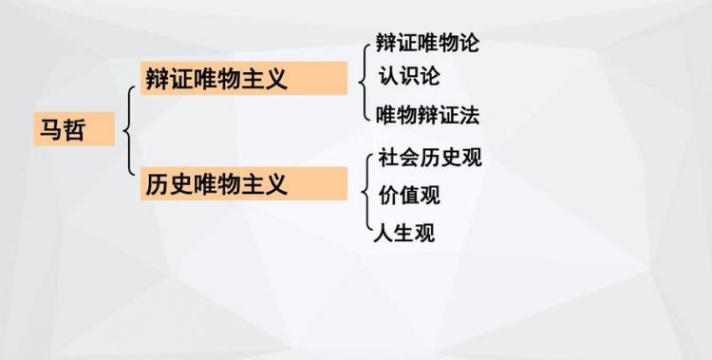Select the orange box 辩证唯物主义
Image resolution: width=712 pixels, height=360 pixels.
pos(245,78)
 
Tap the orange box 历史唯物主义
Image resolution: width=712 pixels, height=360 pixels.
pos(245,182)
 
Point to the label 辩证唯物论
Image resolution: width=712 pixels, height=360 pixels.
pos(427,44)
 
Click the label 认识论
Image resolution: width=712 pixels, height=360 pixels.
pos(408,75)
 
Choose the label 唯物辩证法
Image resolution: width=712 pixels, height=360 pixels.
pos(427,116)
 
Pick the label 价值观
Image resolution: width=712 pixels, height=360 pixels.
pos(409,196)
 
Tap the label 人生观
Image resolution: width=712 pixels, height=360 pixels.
pos(404,233)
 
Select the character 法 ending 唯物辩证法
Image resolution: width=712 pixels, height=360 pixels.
pos(468,116)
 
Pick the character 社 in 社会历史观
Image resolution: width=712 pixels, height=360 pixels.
pos(387,158)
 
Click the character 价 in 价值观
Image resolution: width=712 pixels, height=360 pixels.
pos(388,196)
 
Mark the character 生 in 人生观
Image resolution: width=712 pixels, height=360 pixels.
pos(404,233)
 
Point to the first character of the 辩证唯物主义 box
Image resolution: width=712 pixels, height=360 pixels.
pos(158,78)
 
